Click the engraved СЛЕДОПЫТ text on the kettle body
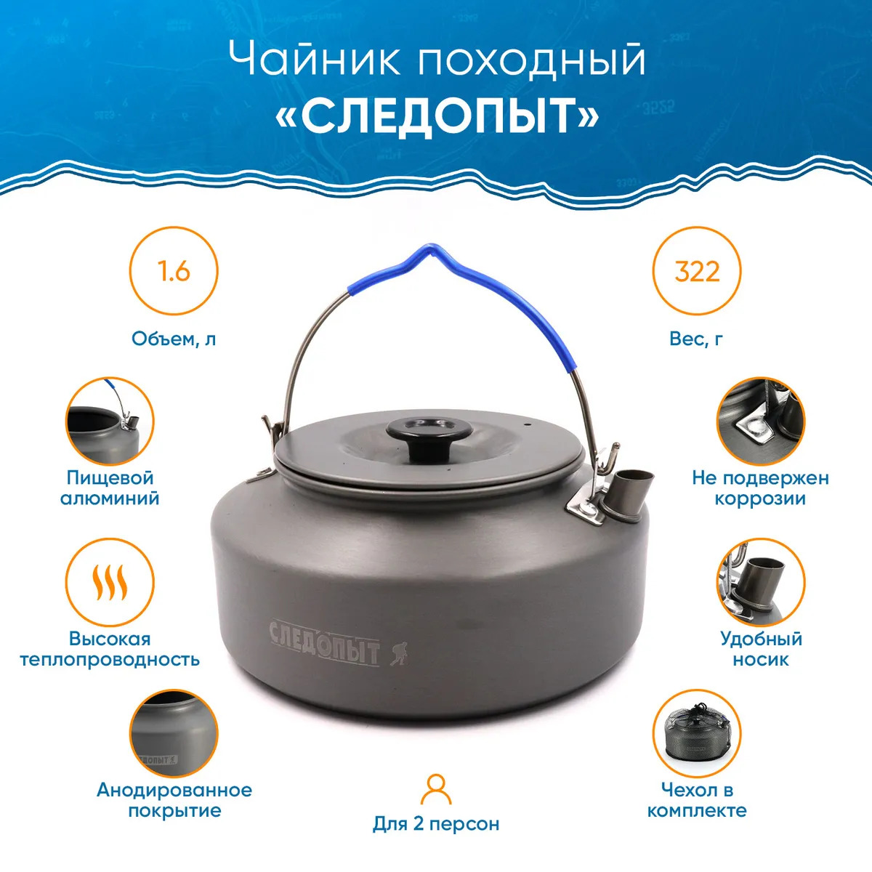[x=324, y=642]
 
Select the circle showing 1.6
[x=174, y=271]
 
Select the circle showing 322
[x=697, y=271]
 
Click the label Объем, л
[x=174, y=339]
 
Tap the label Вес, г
[x=696, y=339]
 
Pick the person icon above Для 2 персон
[x=436, y=789]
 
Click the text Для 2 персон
[x=436, y=824]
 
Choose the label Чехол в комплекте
[x=697, y=800]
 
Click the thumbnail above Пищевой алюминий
[x=110, y=421]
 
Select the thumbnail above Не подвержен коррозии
[x=760, y=421]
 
